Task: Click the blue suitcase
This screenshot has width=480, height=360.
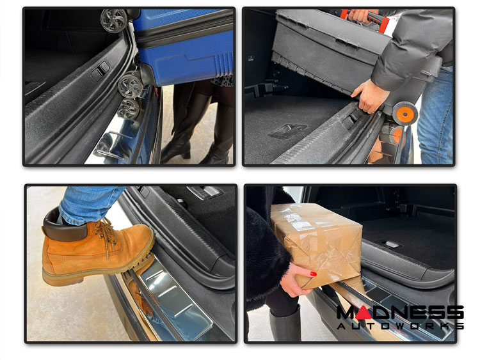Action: pos(184,46)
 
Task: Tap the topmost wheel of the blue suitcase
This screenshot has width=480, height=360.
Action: pos(114,20)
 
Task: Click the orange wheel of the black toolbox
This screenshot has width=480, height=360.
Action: pos(405,113)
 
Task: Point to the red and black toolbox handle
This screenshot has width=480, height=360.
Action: pos(364,17)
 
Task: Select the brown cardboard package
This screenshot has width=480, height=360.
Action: pos(317,242)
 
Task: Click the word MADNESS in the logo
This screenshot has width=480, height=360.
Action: pos(400,313)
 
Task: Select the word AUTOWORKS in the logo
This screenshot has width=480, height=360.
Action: pos(400,326)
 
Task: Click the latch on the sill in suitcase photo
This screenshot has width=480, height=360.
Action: pos(100,71)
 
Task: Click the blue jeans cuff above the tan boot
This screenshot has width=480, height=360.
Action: pos(89,205)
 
